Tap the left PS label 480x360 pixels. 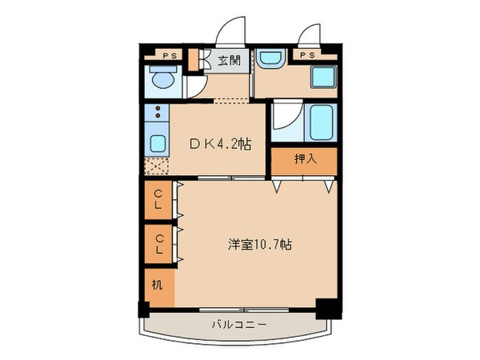tap(169, 56)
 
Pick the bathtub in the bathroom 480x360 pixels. tap(322, 122)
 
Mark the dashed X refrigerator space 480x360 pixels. tap(156, 166)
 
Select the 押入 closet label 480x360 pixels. tap(305, 158)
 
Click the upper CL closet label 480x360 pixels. tap(159, 197)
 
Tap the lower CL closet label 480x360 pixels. tap(159, 243)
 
